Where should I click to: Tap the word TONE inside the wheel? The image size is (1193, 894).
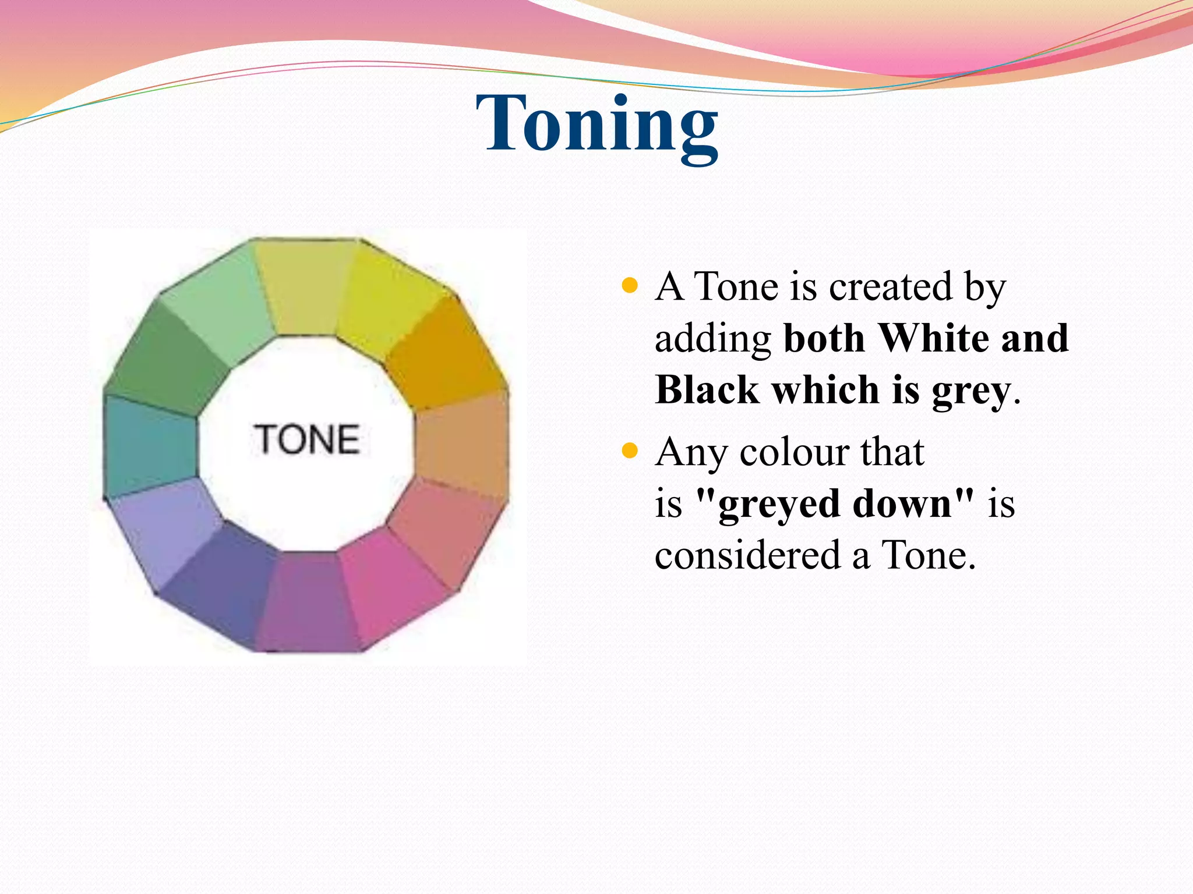point(306,439)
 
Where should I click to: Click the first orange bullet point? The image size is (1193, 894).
point(630,286)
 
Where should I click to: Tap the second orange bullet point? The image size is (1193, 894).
point(630,451)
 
